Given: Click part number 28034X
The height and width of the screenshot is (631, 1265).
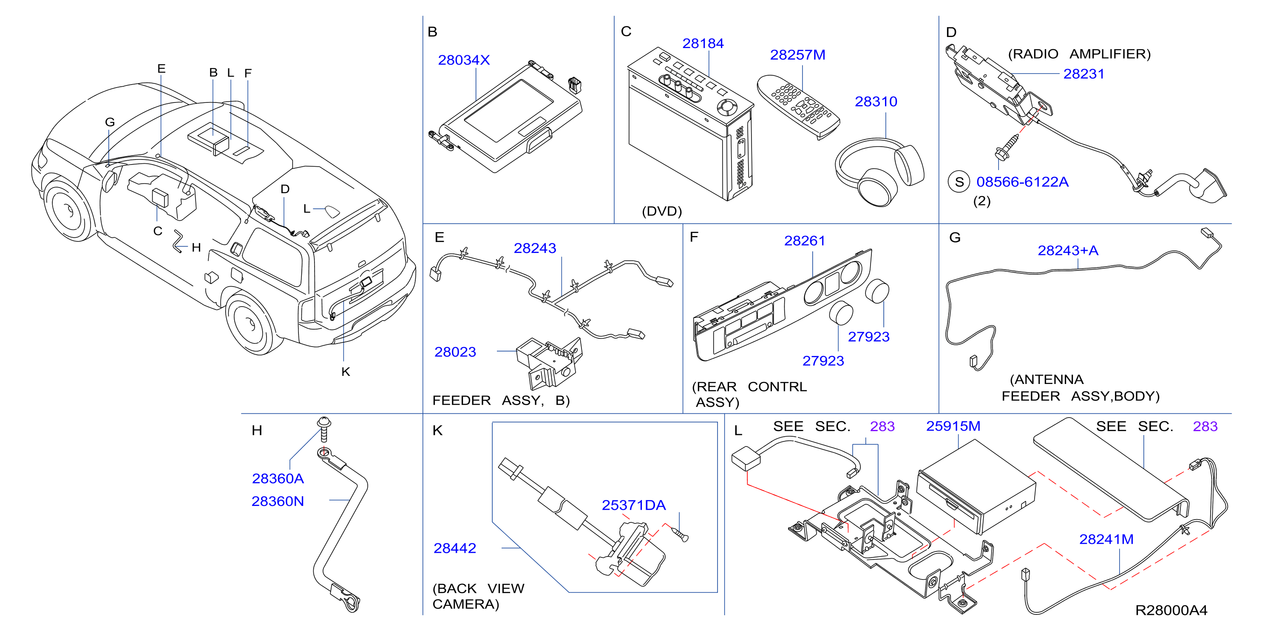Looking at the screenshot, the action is point(464,60).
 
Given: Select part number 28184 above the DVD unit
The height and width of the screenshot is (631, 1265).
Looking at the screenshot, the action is point(703,44).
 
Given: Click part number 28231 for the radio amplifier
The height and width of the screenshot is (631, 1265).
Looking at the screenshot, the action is point(1083,74).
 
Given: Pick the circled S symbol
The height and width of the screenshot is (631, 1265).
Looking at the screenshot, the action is point(959,182).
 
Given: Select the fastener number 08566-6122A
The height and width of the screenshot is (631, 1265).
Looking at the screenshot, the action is point(1022,182).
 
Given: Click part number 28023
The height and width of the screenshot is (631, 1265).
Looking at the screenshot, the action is point(455,352).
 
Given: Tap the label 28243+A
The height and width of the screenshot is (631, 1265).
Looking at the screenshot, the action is point(1068,250).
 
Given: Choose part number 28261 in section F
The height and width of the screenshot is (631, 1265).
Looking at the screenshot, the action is point(804,241).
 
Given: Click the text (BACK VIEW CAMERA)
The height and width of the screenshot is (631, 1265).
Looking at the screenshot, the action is point(478,596).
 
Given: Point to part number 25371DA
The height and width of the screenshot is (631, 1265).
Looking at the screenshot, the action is point(633,505).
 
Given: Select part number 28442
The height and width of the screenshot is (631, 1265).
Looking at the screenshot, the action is point(455,548).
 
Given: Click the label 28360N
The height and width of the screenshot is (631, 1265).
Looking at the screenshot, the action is point(278,501).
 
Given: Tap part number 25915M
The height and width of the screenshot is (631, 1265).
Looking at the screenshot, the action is point(953,426).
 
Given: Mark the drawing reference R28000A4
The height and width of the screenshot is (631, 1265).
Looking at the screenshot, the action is point(1171,610).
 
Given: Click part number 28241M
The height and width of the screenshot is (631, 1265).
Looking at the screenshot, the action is point(1106,539).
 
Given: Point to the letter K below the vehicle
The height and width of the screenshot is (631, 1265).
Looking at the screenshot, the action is point(346,372).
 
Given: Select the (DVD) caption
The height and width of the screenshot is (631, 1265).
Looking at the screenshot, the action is point(661,211).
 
